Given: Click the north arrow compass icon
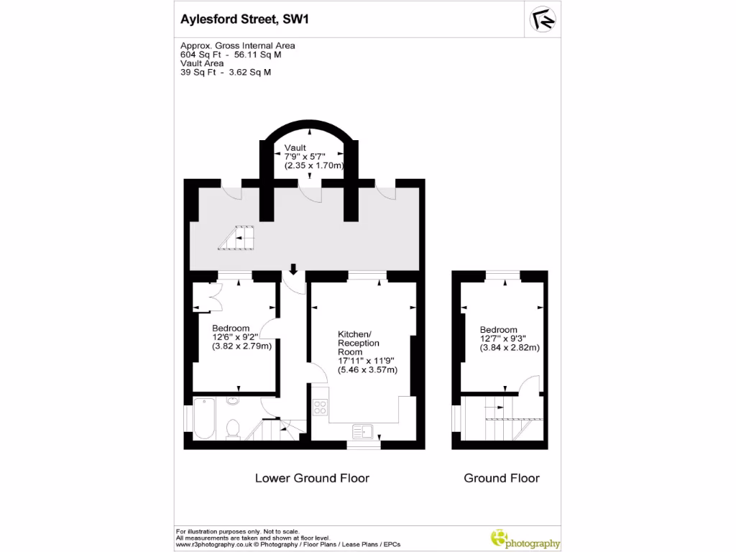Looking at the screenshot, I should point(543,19).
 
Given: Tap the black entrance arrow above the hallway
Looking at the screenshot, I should point(293,270).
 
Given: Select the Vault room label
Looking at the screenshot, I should point(295,148).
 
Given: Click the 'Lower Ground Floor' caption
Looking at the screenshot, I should point(312,478).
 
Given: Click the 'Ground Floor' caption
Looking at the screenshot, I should point(501,478).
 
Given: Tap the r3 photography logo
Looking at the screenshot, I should point(524,539).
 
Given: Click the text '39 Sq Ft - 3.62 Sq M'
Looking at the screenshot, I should point(225,72).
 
